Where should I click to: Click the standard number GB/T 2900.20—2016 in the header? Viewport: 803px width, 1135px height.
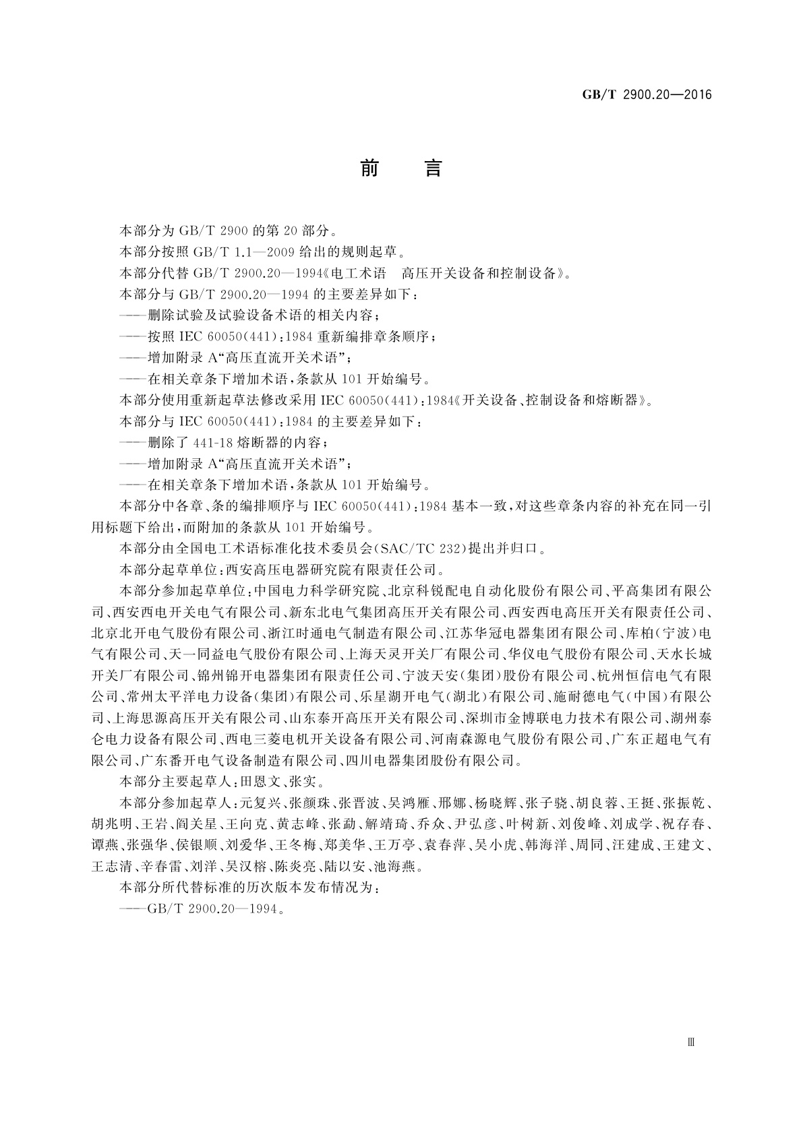click(647, 95)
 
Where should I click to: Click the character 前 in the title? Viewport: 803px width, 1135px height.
click(369, 168)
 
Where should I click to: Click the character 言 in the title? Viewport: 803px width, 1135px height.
click(432, 168)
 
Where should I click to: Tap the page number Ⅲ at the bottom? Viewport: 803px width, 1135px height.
click(690, 1041)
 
